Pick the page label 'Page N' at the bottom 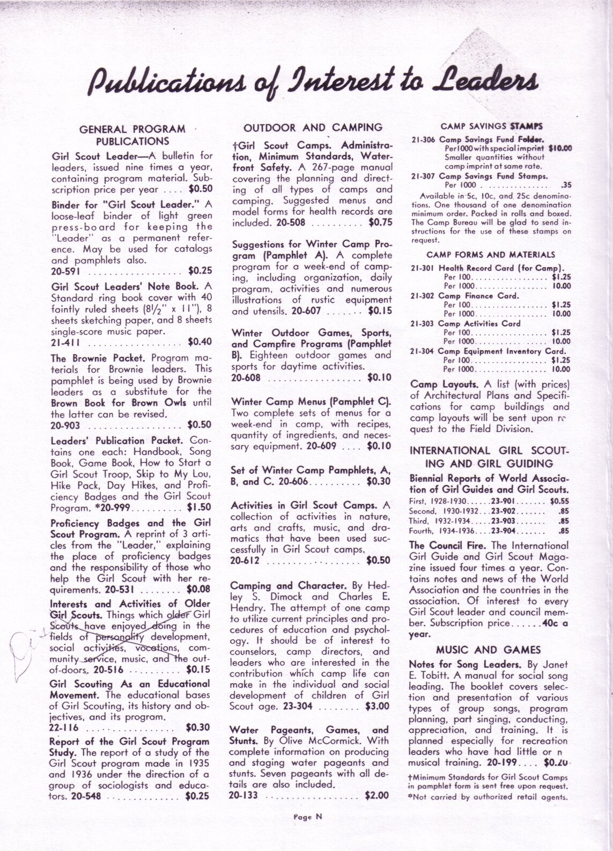307,817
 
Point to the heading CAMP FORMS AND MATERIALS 491,255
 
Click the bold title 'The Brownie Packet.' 98,358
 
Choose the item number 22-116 64,728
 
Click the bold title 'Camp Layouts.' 444,385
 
